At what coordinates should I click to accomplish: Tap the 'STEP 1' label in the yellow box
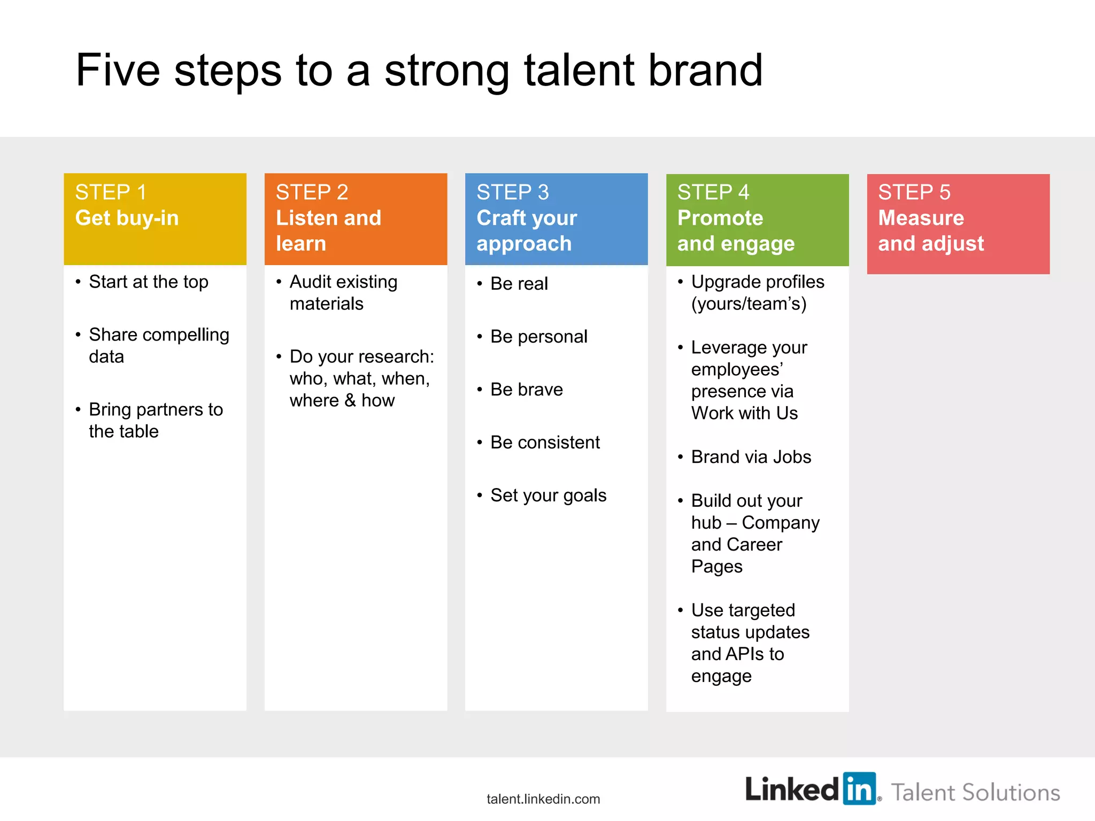(x=111, y=192)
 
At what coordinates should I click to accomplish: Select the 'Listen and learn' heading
(x=328, y=230)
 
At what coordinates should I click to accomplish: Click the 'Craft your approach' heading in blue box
(x=527, y=230)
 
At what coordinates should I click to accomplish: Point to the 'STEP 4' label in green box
(x=713, y=192)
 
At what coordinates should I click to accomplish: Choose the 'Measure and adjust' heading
(x=930, y=230)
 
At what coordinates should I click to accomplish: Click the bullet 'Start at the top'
(x=148, y=282)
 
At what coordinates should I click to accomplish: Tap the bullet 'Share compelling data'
(x=158, y=345)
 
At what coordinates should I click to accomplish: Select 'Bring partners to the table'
(x=155, y=420)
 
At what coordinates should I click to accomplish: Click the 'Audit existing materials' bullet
(x=343, y=292)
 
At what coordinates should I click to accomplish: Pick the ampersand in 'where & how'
(x=350, y=400)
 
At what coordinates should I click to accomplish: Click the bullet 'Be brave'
(x=526, y=389)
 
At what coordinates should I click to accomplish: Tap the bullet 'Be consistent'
(x=545, y=442)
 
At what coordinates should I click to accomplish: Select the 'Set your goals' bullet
(x=548, y=495)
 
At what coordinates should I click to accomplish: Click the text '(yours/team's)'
(x=749, y=304)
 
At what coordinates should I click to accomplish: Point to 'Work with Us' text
(x=744, y=413)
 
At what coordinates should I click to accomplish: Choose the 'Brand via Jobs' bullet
(x=751, y=457)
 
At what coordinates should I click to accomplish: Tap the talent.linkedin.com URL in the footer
(x=543, y=799)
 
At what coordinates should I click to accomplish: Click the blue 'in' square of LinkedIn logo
(x=859, y=788)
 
